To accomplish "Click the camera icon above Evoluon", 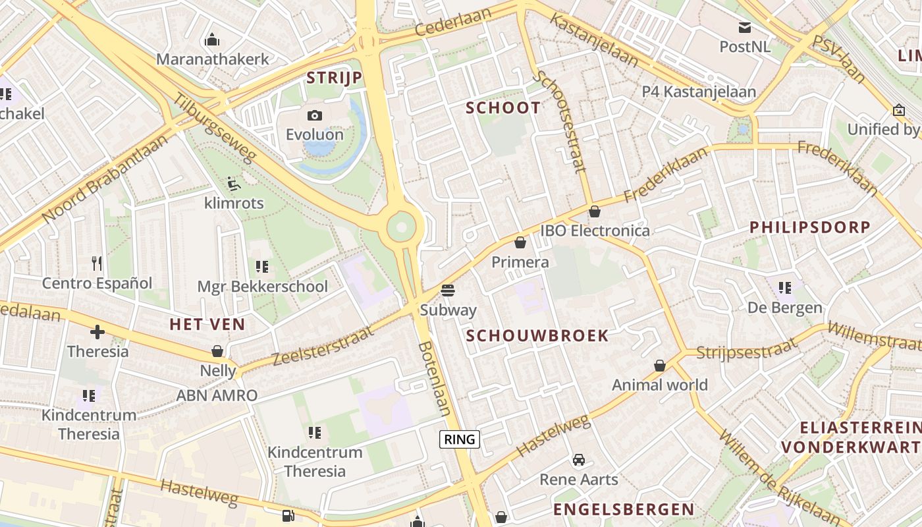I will pyautogui.click(x=315, y=115).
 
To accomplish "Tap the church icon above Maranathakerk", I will pyautogui.click(x=212, y=40).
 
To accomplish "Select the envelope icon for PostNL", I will pyautogui.click(x=745, y=27).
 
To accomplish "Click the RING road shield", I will pyautogui.click(x=460, y=439).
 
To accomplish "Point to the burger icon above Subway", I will pyautogui.click(x=448, y=291).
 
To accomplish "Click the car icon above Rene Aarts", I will pyautogui.click(x=579, y=460).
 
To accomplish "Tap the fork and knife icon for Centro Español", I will pyautogui.click(x=97, y=263).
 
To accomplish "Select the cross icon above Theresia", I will pyautogui.click(x=97, y=332).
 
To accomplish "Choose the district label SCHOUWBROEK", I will pyautogui.click(x=537, y=336).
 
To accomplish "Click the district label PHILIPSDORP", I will pyautogui.click(x=810, y=227).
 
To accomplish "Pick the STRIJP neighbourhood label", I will pyautogui.click(x=335, y=78).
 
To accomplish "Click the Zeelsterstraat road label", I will pyautogui.click(x=323, y=347).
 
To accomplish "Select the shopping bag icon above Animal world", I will pyautogui.click(x=660, y=366).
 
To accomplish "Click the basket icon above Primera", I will pyautogui.click(x=520, y=242).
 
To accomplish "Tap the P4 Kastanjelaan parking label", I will pyautogui.click(x=699, y=92).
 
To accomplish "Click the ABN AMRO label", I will pyautogui.click(x=217, y=395).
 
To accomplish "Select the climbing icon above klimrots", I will pyautogui.click(x=233, y=183).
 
